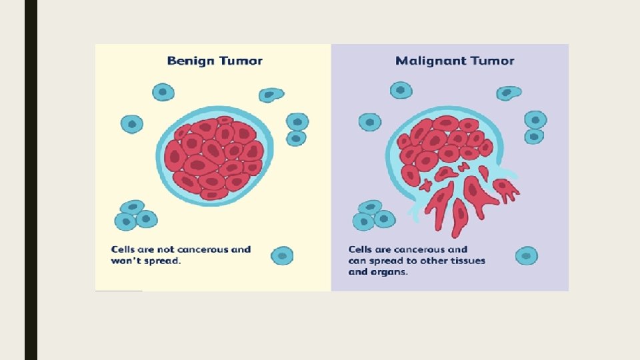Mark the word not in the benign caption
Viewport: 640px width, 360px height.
[165, 249]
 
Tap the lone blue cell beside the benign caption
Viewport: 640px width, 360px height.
[282, 255]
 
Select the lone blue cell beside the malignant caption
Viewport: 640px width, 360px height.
[526, 255]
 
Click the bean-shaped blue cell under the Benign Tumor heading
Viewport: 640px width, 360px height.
[270, 95]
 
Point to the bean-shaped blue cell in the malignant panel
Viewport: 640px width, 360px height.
[509, 93]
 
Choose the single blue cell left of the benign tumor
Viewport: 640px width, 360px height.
[132, 124]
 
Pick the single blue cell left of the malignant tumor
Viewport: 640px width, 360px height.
[369, 122]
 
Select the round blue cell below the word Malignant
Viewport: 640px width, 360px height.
[401, 89]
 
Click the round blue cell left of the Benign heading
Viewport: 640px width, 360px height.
[163, 91]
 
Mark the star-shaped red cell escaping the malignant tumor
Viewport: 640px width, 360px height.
[506, 189]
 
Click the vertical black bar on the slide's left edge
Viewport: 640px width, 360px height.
[31, 180]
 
